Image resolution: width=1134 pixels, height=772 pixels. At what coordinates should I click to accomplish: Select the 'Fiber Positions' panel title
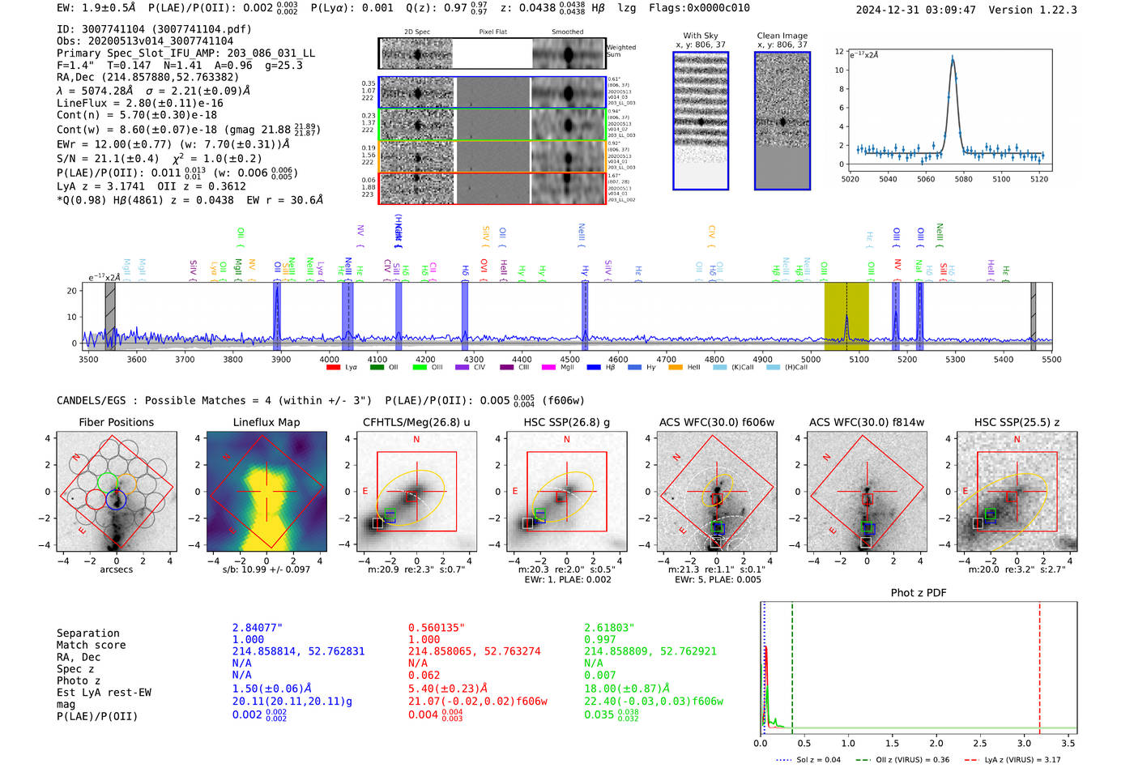click(116, 422)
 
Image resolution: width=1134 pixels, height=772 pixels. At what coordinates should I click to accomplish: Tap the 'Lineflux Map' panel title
click(266, 422)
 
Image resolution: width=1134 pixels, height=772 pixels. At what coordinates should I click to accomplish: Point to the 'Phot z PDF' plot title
click(919, 592)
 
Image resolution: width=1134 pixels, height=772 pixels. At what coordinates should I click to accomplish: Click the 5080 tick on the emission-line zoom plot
click(963, 179)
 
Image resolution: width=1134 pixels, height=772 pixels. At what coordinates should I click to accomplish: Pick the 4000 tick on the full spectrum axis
click(329, 359)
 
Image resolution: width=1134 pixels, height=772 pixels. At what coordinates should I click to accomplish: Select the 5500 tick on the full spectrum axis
click(1051, 359)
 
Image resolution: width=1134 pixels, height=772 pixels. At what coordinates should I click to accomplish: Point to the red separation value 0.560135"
click(437, 628)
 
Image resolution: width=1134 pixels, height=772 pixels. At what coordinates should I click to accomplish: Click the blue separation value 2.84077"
click(258, 628)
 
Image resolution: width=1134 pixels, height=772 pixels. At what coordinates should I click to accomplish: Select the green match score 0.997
click(600, 639)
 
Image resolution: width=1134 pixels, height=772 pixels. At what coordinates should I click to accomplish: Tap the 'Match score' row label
click(91, 645)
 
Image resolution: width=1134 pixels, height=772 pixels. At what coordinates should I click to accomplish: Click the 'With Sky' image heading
click(701, 36)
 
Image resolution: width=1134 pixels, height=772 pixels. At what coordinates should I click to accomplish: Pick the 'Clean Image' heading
click(782, 36)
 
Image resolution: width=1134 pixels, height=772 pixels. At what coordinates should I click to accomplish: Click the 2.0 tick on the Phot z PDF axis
click(936, 743)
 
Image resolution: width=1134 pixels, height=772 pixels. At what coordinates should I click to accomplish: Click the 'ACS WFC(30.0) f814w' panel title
click(867, 422)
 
